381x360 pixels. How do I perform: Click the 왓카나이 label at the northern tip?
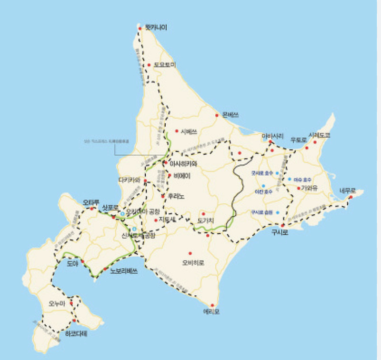tap(157, 28)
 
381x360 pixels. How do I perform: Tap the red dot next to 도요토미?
tap(149, 65)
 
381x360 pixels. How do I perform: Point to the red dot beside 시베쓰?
tap(177, 131)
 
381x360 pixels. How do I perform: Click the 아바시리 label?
tap(273, 136)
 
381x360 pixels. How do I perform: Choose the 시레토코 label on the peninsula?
tap(319, 135)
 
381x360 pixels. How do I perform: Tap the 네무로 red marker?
tap(351, 197)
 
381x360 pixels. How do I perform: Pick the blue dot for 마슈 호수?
tap(290, 180)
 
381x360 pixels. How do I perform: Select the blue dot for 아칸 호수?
tap(262, 185)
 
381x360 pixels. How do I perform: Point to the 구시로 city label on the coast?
tap(281, 233)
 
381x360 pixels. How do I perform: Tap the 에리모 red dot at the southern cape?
tap(212, 305)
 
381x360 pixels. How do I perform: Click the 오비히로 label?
tap(193, 262)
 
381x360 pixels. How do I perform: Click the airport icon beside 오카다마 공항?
tap(122, 214)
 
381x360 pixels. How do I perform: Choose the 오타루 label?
tap(91, 202)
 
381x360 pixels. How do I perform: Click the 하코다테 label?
tap(76, 334)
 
